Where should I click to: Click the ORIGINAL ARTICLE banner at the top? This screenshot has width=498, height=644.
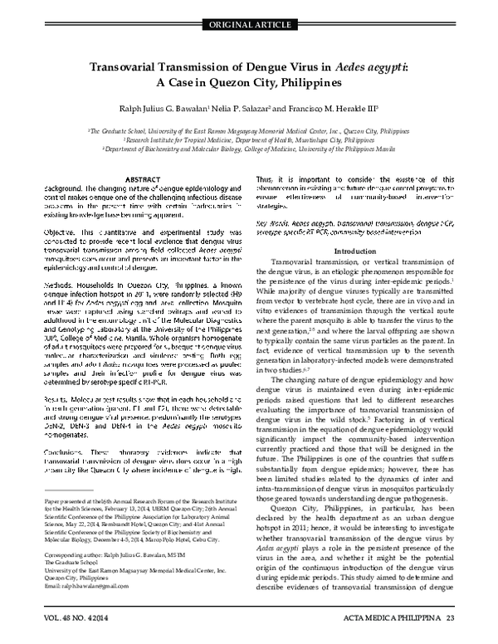pos(249,9)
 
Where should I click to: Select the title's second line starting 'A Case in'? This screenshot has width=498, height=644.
pos(249,87)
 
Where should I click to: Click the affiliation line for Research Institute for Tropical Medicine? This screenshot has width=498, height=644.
pos(249,140)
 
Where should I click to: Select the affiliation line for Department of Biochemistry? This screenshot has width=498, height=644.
pos(249,149)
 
